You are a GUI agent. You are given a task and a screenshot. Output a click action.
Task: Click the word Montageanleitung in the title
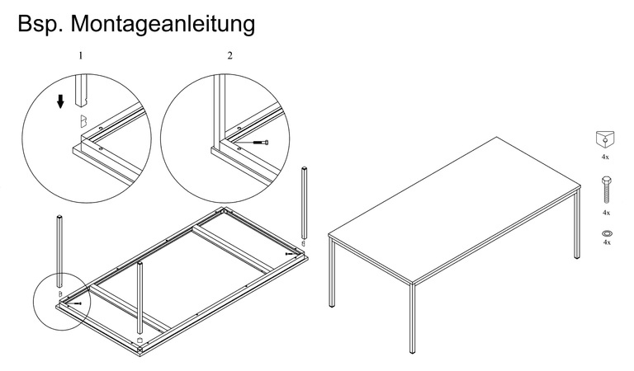point(163,24)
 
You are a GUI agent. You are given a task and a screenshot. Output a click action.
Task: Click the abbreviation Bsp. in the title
point(40,23)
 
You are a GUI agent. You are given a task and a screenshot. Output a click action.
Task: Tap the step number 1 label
point(80,55)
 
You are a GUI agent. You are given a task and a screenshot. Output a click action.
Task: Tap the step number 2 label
point(229,55)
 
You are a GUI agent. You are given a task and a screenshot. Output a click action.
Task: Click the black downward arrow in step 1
point(60,101)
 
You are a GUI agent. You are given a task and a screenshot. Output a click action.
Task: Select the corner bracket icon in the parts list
point(605,139)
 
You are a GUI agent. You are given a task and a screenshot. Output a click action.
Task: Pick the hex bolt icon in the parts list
point(607,190)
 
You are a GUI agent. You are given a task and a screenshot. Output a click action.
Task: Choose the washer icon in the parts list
point(607,233)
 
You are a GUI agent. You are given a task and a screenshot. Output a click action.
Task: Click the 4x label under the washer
point(607,242)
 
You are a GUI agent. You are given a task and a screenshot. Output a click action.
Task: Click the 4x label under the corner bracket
point(605,157)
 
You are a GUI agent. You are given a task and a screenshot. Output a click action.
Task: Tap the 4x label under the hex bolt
point(606,213)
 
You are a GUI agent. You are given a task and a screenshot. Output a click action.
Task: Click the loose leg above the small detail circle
point(59,251)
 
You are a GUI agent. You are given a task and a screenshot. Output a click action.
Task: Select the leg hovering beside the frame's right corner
point(304,203)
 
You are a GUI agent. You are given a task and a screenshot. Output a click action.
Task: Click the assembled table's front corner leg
point(412,317)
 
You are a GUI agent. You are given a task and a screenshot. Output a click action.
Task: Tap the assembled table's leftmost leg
point(332,273)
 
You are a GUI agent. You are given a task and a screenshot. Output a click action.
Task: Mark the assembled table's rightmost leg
point(577,223)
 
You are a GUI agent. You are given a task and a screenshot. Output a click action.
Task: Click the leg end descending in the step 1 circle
point(82,91)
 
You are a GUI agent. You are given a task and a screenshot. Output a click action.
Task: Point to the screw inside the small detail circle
point(75,303)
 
